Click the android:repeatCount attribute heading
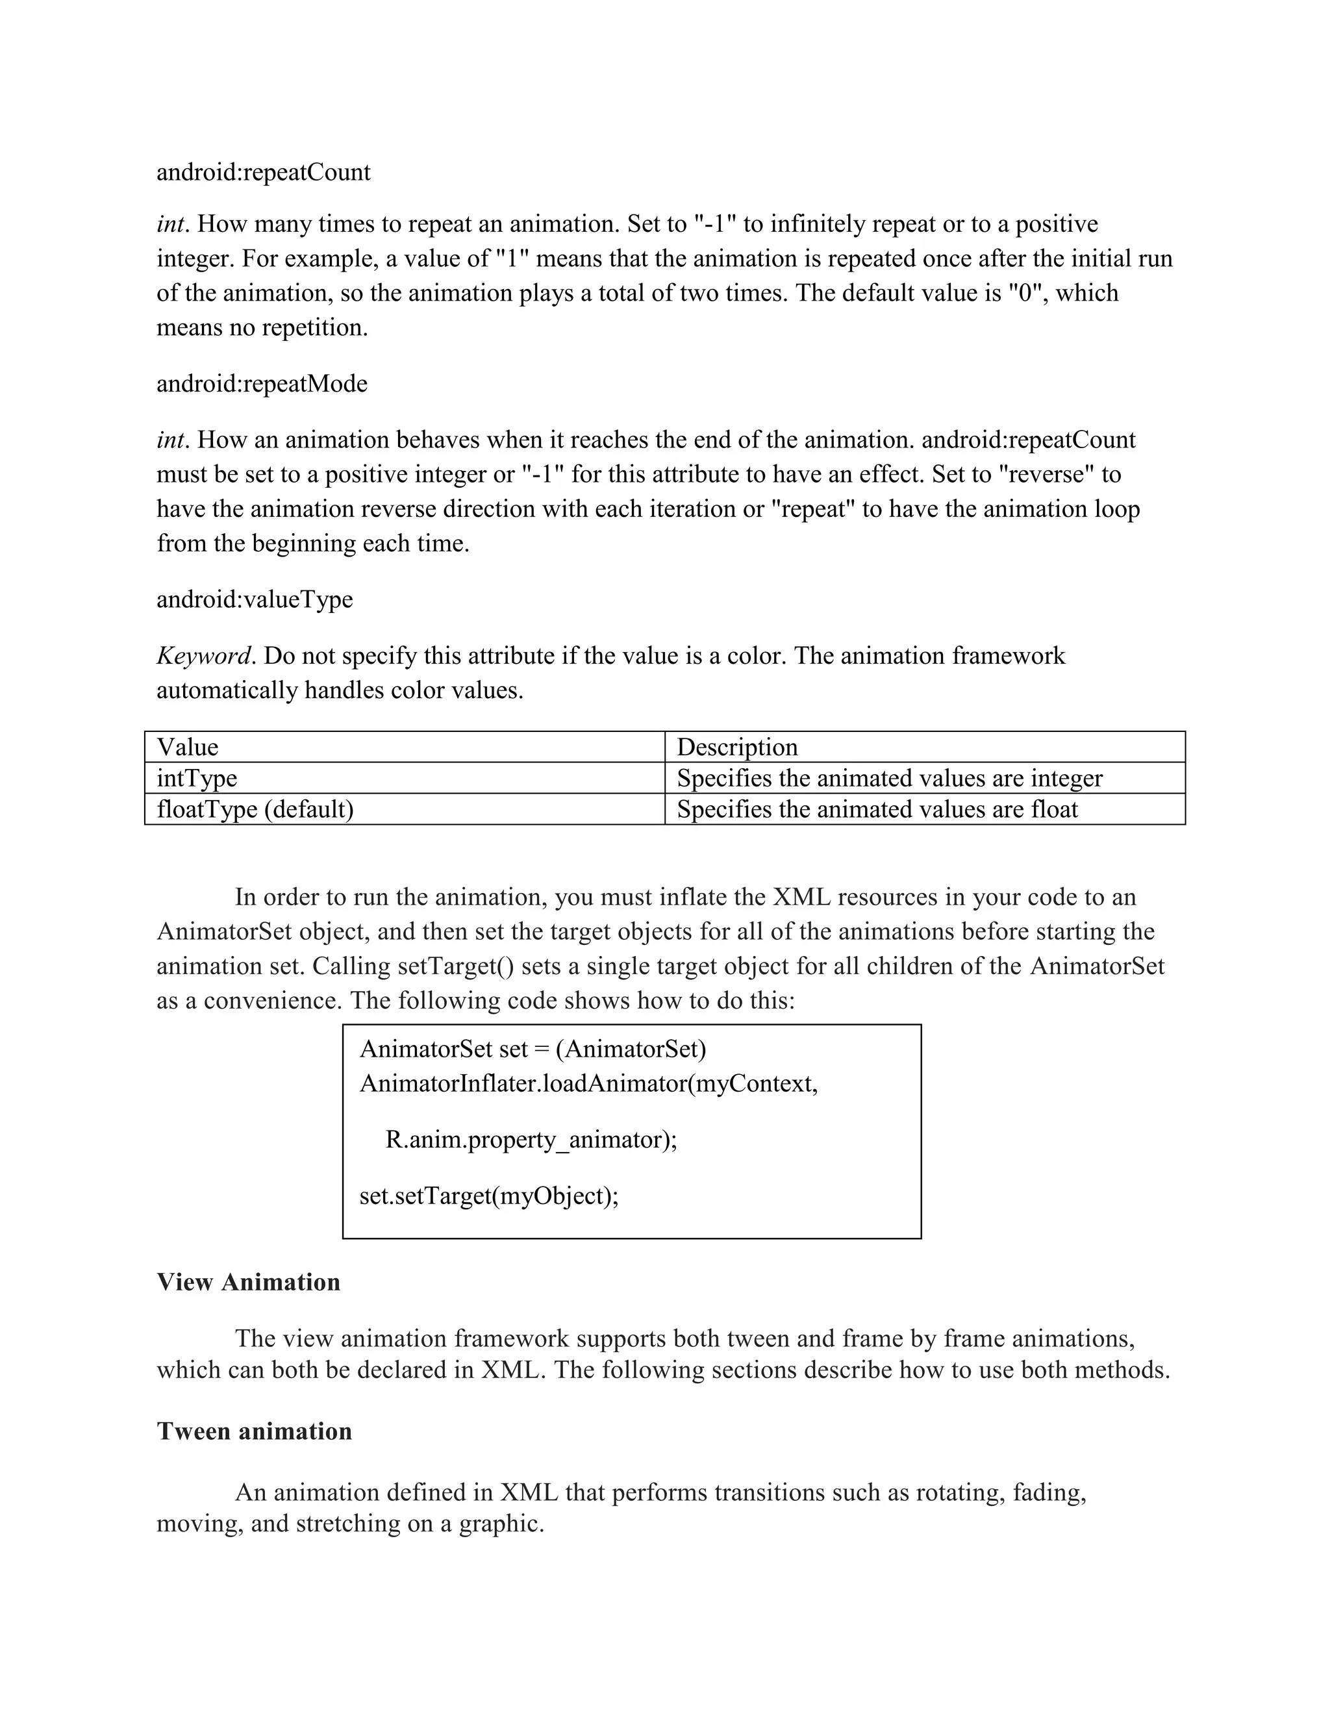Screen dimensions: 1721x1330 tap(263, 173)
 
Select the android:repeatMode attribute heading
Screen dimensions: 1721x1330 tap(262, 384)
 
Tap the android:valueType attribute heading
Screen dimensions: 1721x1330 tap(255, 599)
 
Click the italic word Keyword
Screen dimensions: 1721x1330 tap(204, 656)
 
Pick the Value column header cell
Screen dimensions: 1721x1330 tap(404, 747)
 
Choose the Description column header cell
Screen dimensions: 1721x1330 tap(924, 747)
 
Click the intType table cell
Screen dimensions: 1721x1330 tap(404, 779)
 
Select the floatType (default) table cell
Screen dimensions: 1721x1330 tap(404, 809)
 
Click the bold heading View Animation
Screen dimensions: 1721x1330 tap(248, 1282)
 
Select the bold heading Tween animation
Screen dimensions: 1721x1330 tap(254, 1431)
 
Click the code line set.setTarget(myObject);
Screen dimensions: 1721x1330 tap(488, 1196)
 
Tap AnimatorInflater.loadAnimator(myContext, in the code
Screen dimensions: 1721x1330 tap(588, 1085)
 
